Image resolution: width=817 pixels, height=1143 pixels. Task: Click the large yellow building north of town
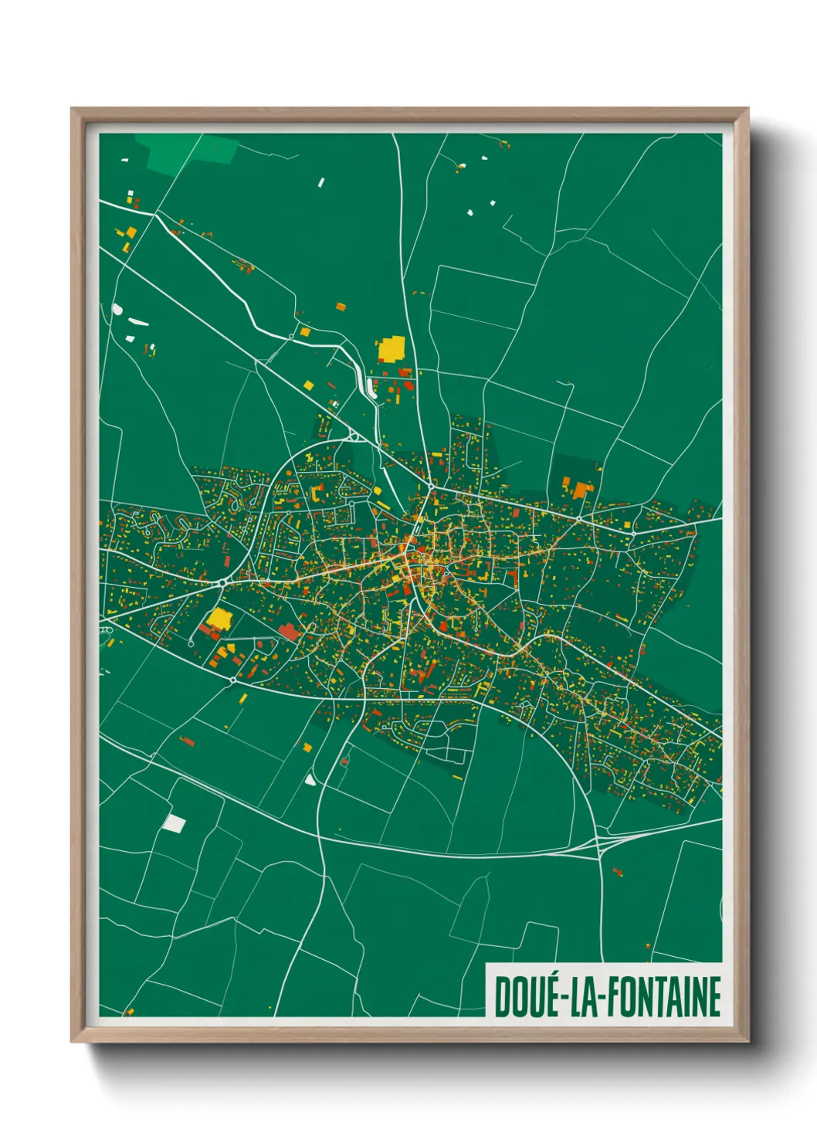pos(391,349)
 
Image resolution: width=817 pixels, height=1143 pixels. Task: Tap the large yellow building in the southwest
pos(220,619)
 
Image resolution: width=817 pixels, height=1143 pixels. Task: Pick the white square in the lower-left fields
pos(175,823)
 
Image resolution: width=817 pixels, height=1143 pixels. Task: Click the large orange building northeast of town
pos(579,489)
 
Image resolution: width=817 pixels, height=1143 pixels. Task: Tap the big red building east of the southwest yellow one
pos(288,632)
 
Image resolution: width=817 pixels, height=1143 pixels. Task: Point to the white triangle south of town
pos(310,779)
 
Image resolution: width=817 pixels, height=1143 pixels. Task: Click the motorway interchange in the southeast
pos(601,846)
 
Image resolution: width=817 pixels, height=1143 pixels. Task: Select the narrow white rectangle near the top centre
pos(321,182)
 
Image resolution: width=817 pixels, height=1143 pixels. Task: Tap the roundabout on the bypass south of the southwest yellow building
pos(232,680)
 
